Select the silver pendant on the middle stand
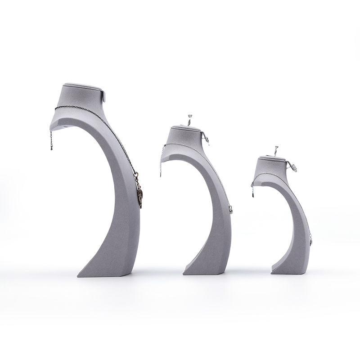click(229, 209)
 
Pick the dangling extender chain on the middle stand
click(160, 169)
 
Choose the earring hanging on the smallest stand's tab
click(295, 167)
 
